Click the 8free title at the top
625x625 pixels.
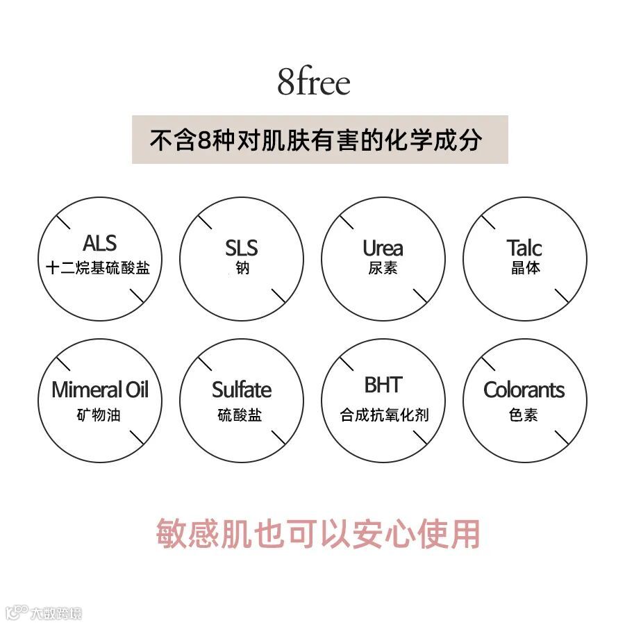(313, 83)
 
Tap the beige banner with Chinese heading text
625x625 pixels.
(319, 140)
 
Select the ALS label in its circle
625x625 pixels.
(99, 244)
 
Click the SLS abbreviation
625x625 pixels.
(241, 248)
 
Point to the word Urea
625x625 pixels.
(383, 248)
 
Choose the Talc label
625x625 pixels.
(524, 248)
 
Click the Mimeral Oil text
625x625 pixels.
(99, 390)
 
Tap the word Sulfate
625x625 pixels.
(241, 390)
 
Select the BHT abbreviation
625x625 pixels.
(383, 385)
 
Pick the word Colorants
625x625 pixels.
(524, 390)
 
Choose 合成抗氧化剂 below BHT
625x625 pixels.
(384, 415)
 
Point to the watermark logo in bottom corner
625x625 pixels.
(43, 613)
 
